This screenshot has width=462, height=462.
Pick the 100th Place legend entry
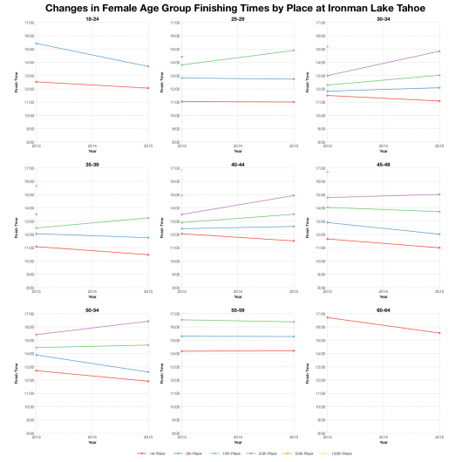[x=338, y=453]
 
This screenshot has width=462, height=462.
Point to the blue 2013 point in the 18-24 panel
[x=36, y=44]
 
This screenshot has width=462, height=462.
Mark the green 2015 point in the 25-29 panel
[x=294, y=51]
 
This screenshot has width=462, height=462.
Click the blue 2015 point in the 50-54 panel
[x=148, y=372]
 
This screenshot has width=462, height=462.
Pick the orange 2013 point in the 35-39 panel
[x=36, y=186]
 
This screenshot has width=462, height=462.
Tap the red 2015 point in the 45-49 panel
[x=439, y=248]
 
